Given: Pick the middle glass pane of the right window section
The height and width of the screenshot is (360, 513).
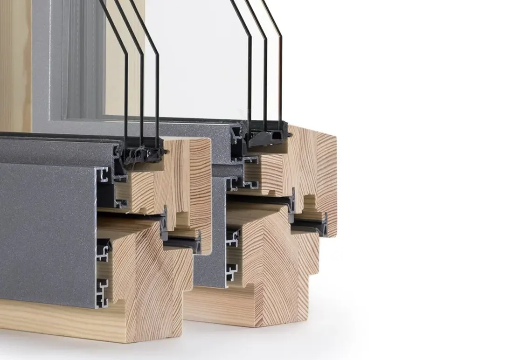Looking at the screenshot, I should (265, 79).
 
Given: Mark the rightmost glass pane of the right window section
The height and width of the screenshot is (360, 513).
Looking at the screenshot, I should (280, 79).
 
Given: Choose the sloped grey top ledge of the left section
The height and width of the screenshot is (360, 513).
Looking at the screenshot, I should (56, 149).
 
